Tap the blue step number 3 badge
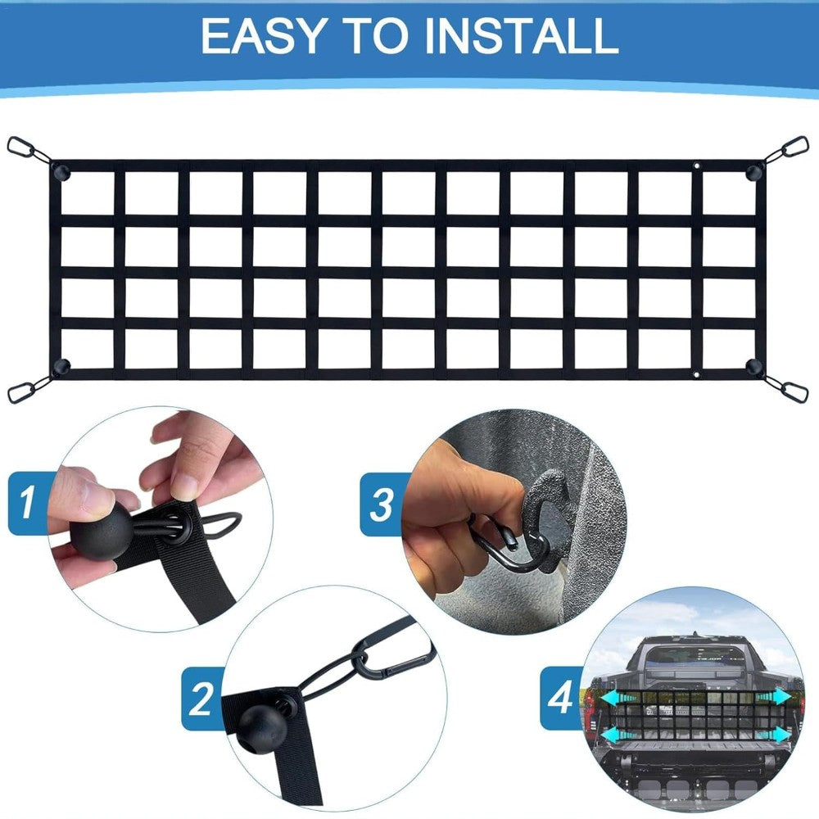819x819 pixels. pyautogui.click(x=382, y=505)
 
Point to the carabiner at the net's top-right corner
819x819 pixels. pyautogui.click(x=791, y=149)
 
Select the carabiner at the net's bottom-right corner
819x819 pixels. pyautogui.click(x=791, y=391)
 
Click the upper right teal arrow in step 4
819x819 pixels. pyautogui.click(x=774, y=696)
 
